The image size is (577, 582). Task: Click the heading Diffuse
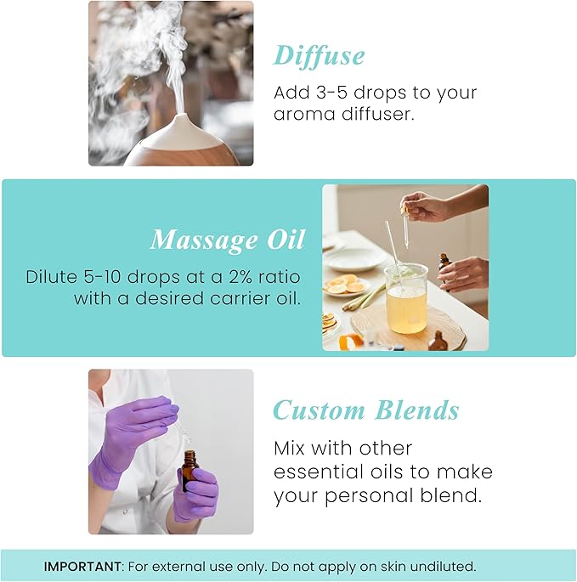(x=319, y=55)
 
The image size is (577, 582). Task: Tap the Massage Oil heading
(x=227, y=240)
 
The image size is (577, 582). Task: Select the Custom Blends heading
(x=365, y=410)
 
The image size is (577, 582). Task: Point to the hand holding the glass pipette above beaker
(x=425, y=204)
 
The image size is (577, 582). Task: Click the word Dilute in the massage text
(x=50, y=278)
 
